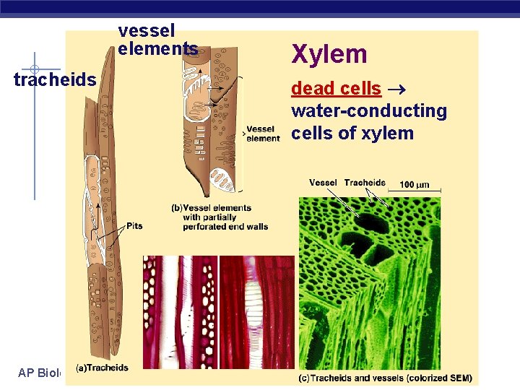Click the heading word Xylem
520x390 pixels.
pyautogui.click(x=329, y=54)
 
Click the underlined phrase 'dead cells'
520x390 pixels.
pyautogui.click(x=336, y=89)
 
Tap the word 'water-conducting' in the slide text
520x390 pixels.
pyautogui.click(x=369, y=111)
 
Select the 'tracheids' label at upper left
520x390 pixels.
pyautogui.click(x=55, y=79)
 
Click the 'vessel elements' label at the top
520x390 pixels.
pyautogui.click(x=157, y=40)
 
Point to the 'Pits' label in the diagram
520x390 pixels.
pyautogui.click(x=134, y=226)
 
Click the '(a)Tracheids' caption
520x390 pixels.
pyautogui.click(x=102, y=368)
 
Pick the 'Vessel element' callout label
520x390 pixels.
pyautogui.click(x=262, y=134)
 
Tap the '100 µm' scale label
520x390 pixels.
pyautogui.click(x=415, y=185)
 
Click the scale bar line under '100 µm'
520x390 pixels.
pyautogui.click(x=415, y=192)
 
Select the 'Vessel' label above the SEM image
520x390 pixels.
pyautogui.click(x=323, y=183)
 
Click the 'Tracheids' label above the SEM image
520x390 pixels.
pyautogui.click(x=365, y=183)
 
